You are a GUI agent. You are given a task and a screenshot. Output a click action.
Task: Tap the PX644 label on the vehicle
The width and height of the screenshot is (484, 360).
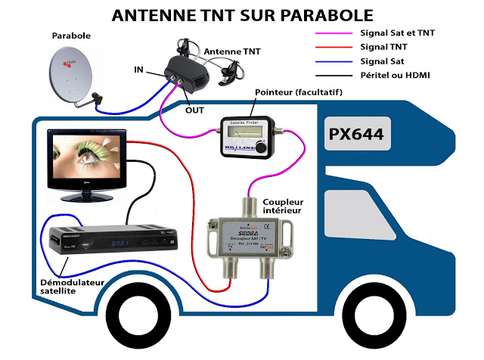pos(355,134)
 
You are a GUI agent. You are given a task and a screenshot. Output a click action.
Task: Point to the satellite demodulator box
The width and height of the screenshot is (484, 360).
pos(114,240)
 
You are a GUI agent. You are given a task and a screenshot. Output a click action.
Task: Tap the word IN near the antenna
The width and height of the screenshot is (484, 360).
pos(138,70)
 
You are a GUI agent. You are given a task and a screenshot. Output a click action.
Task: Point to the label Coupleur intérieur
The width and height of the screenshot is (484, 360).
pos(283,206)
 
